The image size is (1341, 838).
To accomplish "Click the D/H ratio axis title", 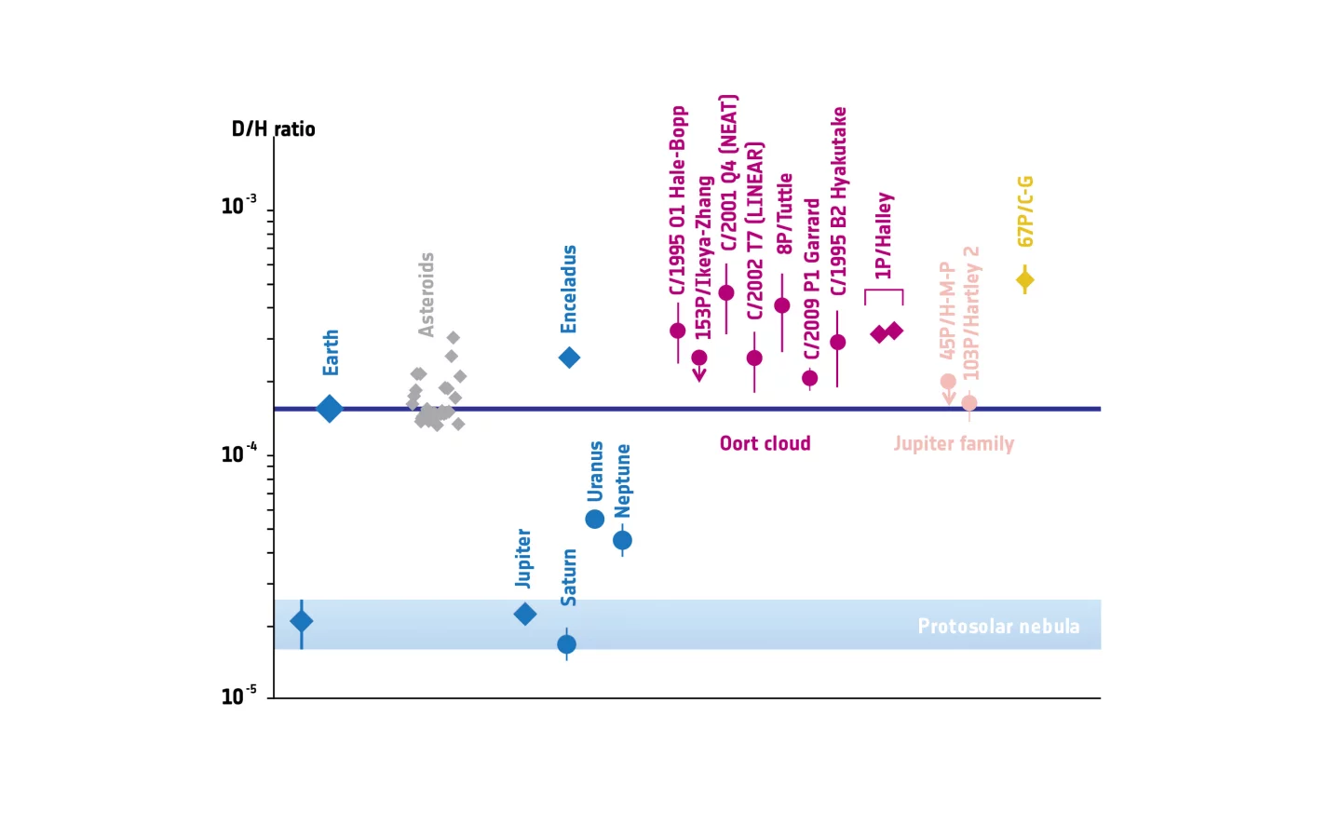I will tap(273, 129).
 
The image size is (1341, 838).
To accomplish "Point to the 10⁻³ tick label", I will tap(238, 205).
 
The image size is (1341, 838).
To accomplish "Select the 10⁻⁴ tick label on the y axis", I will tap(238, 453).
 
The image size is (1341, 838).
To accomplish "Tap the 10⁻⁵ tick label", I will tap(238, 696).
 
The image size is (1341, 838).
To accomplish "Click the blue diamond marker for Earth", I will tap(329, 409).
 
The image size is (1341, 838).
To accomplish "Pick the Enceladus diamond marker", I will tap(569, 358).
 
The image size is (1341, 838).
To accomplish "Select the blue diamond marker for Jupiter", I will tap(525, 614).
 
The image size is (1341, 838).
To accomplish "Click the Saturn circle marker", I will tap(566, 644).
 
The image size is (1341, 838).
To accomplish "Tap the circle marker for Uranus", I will tap(595, 519).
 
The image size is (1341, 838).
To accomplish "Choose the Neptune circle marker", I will tap(622, 540).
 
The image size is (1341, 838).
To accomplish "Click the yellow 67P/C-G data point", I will tap(1025, 279).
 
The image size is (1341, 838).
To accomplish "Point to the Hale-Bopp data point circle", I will tap(678, 331).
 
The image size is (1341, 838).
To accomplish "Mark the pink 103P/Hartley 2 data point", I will tap(969, 403).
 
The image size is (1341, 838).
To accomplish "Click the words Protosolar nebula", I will tap(998, 626).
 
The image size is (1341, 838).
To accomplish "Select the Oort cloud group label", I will tap(765, 443).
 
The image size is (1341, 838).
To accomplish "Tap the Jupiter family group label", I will tap(954, 443).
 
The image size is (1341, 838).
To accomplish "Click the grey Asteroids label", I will tap(427, 294).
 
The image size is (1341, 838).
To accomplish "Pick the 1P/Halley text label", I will tap(884, 236).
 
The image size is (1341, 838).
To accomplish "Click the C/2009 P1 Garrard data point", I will tap(810, 378).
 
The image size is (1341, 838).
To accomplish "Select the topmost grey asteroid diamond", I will tap(453, 338).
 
